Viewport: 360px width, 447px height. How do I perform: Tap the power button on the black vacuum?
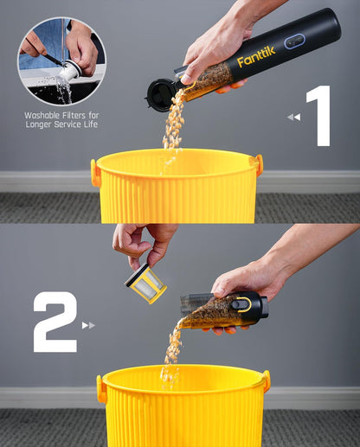click(x=294, y=41)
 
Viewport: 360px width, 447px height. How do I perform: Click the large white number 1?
click(x=319, y=115)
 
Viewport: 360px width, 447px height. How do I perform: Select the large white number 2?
click(x=55, y=322)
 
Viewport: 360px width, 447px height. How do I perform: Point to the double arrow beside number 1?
click(x=293, y=117)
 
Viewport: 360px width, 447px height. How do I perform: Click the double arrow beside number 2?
click(x=88, y=325)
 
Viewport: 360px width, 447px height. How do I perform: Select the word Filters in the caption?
click(x=78, y=114)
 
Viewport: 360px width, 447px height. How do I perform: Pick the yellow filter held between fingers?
click(x=145, y=283)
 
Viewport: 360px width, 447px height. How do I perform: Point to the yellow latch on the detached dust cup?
click(x=243, y=304)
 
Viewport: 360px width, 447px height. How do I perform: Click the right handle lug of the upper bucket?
click(x=257, y=164)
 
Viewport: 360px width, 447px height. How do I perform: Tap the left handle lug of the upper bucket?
click(x=95, y=172)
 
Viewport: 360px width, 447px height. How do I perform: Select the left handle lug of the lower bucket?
click(x=101, y=389)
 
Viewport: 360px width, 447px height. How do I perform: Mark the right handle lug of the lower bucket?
click(x=266, y=380)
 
